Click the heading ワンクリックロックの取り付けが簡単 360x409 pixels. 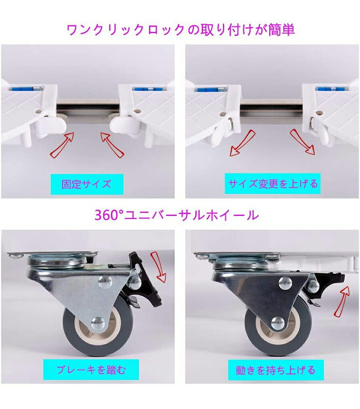click(181, 30)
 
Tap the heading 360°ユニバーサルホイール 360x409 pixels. click(176, 215)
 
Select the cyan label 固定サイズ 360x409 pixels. click(87, 184)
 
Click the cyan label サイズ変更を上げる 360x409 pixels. click(273, 184)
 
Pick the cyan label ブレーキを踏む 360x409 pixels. click(91, 370)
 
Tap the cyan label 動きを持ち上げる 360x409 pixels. click(276, 370)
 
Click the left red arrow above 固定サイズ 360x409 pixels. click(62, 145)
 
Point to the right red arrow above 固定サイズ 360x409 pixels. click(112, 144)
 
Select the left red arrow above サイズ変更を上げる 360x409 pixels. click(242, 143)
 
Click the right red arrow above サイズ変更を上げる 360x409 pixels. click(302, 142)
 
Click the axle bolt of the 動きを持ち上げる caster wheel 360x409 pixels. click(277, 323)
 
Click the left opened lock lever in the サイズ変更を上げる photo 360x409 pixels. click(221, 130)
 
